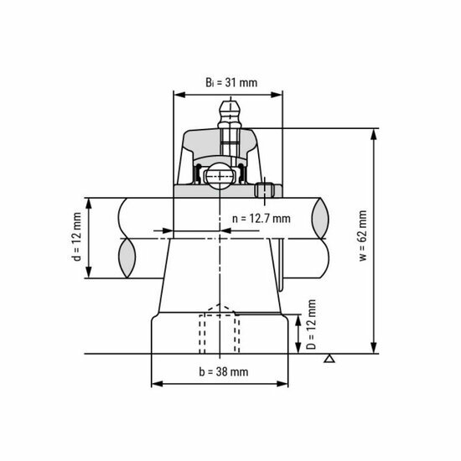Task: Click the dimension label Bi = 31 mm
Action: coord(230,82)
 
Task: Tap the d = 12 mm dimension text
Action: coord(76,237)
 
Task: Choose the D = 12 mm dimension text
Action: coord(312,324)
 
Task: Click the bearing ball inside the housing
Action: coord(220,176)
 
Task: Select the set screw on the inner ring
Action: coord(267,191)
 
